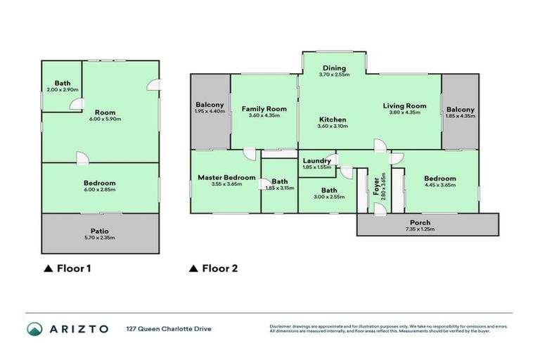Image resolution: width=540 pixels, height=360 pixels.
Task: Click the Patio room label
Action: tap(99, 231)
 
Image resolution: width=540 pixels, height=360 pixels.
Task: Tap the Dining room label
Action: tap(333, 67)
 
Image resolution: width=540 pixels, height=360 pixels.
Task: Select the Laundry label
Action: tap(316, 160)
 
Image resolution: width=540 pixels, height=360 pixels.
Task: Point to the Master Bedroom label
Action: tap(226, 177)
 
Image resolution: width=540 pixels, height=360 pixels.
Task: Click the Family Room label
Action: tap(264, 109)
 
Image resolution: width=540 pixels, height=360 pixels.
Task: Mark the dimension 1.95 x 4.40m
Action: tap(210, 111)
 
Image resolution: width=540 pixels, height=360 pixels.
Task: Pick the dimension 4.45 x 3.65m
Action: tap(440, 185)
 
